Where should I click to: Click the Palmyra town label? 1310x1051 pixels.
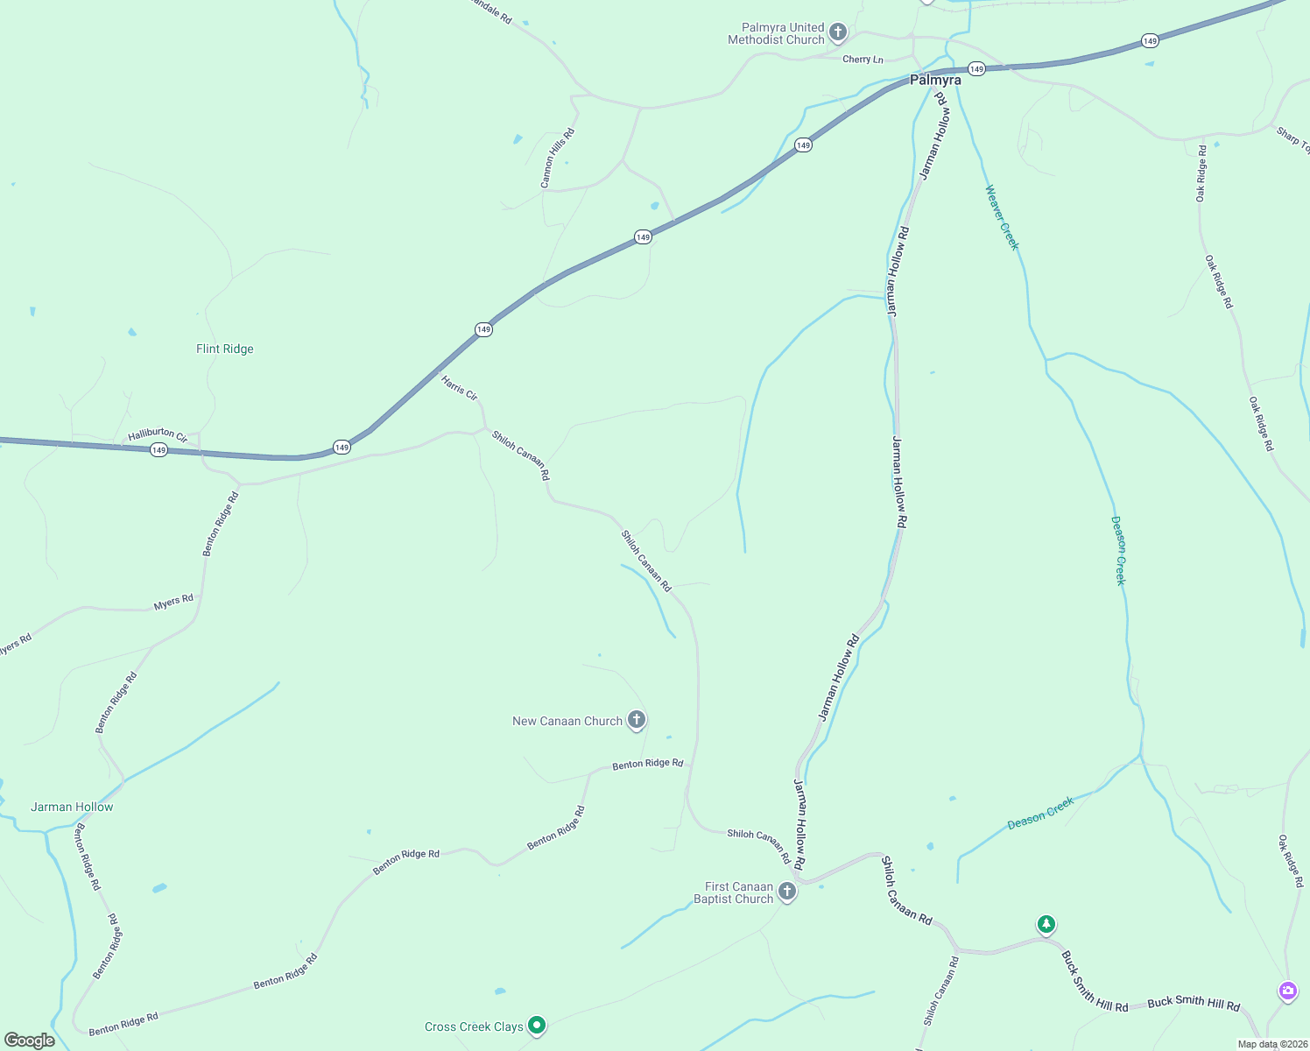(935, 80)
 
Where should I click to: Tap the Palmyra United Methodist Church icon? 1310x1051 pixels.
(838, 33)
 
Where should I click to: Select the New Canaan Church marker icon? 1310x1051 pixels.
(637, 720)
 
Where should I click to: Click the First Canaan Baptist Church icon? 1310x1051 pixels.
(787, 892)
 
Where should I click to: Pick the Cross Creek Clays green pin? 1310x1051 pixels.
(537, 1025)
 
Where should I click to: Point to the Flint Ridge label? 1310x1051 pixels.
(225, 349)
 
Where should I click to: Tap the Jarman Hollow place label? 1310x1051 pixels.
(72, 807)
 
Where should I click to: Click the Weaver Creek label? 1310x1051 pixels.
(1002, 217)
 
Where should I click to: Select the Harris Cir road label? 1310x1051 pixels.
(460, 388)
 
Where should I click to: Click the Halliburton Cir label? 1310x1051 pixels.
(158, 434)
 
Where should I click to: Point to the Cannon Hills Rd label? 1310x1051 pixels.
(557, 158)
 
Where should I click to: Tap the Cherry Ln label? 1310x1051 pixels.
(863, 60)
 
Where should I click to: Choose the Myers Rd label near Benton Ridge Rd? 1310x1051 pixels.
(173, 602)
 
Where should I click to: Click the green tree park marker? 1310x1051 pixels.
(1046, 924)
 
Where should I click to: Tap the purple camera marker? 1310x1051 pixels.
(1287, 991)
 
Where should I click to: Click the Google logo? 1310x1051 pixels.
(29, 1040)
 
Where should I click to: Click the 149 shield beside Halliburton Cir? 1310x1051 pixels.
(158, 450)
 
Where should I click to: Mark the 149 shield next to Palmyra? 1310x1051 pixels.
(976, 68)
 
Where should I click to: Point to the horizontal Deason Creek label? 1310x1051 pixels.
(1040, 813)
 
